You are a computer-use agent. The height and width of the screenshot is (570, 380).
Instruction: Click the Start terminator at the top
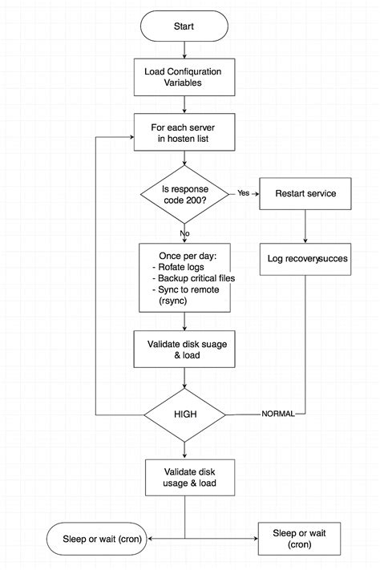click(x=184, y=26)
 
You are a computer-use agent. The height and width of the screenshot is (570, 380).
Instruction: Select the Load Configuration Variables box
click(x=184, y=78)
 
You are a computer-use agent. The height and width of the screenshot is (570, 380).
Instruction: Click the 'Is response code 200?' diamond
click(x=184, y=194)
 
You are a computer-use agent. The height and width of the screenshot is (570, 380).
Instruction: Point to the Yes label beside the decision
click(x=244, y=193)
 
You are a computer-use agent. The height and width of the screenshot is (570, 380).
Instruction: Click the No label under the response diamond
click(x=185, y=233)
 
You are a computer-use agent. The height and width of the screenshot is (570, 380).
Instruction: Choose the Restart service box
click(x=305, y=194)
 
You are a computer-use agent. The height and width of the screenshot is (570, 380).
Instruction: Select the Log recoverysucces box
click(x=305, y=260)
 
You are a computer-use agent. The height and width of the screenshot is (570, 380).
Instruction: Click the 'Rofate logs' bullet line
click(x=177, y=267)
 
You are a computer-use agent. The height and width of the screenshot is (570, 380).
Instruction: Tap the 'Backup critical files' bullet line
click(x=189, y=278)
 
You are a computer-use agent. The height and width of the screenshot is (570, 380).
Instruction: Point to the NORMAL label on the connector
click(x=277, y=414)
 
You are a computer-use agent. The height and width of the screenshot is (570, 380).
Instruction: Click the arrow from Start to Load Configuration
click(x=184, y=51)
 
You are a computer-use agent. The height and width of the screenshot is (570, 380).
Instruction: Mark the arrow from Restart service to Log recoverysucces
click(x=305, y=226)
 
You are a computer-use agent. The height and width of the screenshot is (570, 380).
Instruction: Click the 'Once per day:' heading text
click(x=184, y=255)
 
